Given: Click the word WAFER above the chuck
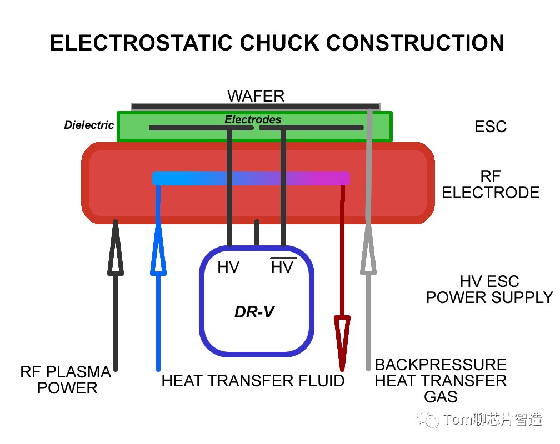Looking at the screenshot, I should click(256, 96).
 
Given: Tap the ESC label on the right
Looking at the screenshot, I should click(491, 127).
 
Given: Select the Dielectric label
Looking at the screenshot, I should click(89, 125).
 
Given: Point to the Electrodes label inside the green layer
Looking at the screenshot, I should click(253, 119).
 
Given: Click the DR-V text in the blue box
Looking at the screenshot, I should click(254, 312).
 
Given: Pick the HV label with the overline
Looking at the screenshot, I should click(282, 267).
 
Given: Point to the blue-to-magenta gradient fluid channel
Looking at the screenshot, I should click(251, 178).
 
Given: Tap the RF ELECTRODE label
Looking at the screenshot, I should click(491, 185).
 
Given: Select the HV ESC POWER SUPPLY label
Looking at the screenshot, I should click(489, 290).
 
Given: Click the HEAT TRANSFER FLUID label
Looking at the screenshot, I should click(253, 381).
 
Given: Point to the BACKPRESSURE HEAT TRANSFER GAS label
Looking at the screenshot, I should click(441, 381).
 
